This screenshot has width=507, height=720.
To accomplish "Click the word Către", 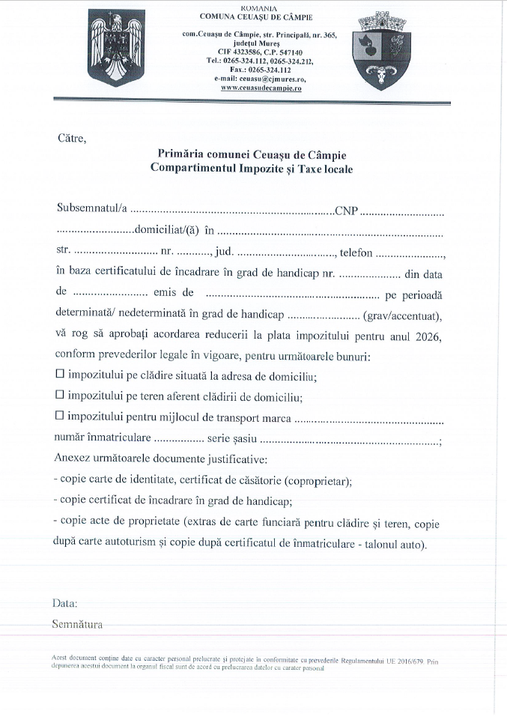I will point(72,137).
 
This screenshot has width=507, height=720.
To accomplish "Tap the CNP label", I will point(346,209).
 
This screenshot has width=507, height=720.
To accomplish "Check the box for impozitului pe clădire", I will point(61,372).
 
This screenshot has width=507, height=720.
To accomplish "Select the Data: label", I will point(64,602).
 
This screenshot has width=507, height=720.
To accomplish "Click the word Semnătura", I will point(77,623).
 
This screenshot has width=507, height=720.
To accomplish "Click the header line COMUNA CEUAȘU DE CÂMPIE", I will point(256,16).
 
